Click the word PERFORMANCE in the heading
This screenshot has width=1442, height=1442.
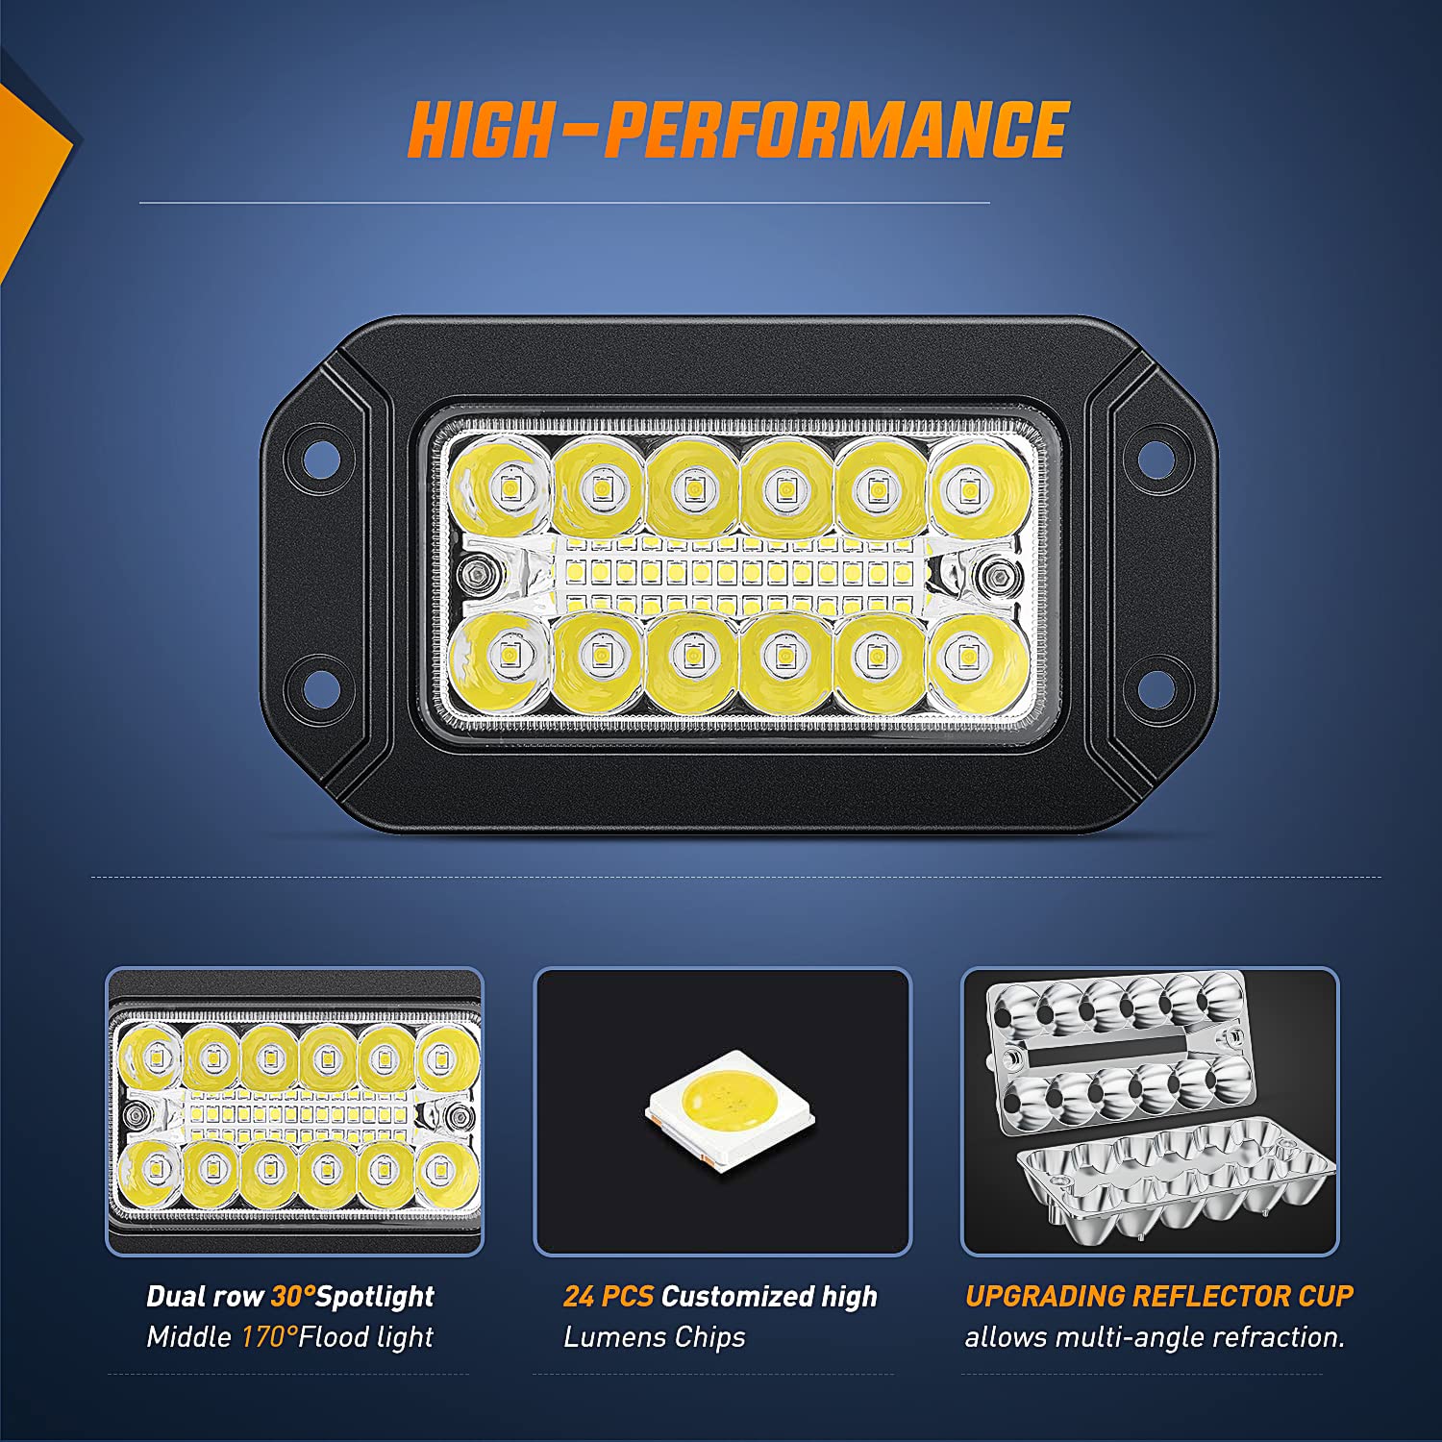(x=836, y=130)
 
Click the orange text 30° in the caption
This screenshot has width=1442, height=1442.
(x=292, y=1296)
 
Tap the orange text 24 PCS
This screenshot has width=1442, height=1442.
(x=608, y=1296)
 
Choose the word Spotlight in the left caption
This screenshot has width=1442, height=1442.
(x=375, y=1296)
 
